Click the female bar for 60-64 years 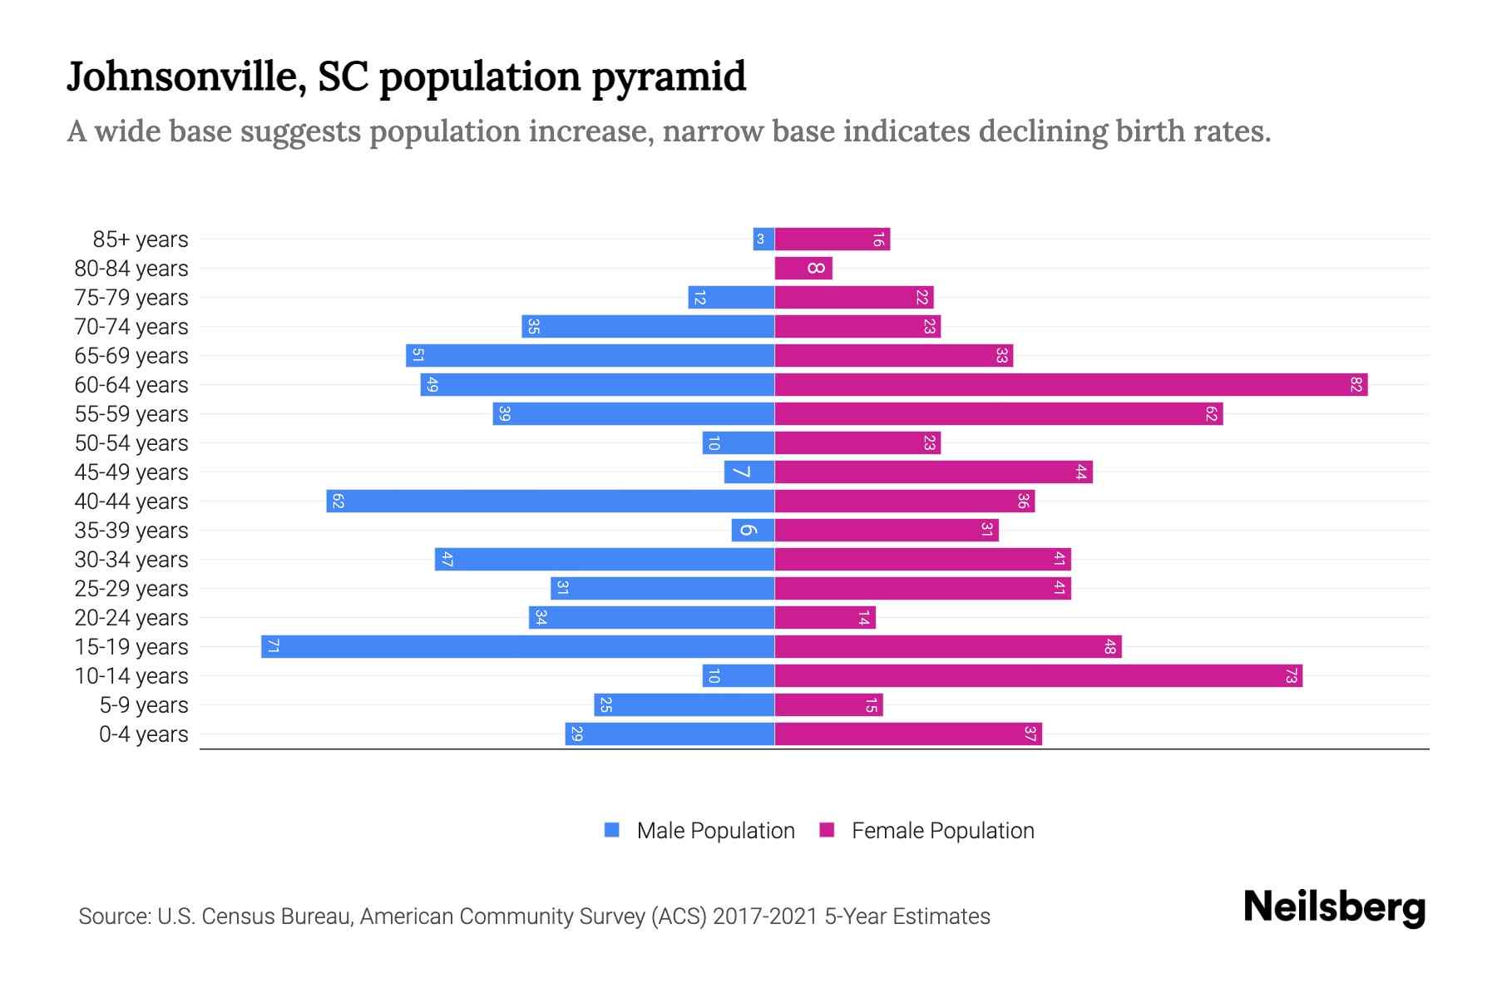pyautogui.click(x=1070, y=385)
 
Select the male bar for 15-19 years pyautogui.click(x=517, y=647)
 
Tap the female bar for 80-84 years pyautogui.click(x=803, y=269)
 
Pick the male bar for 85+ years pyautogui.click(x=763, y=240)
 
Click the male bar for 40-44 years pyautogui.click(x=550, y=501)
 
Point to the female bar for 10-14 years pyautogui.click(x=1038, y=676)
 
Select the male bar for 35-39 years pyautogui.click(x=753, y=531)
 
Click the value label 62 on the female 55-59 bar pyautogui.click(x=1211, y=414)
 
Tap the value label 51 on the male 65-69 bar pyautogui.click(x=418, y=356)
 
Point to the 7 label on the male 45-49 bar pyautogui.click(x=741, y=472)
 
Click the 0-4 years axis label pyautogui.click(x=143, y=734)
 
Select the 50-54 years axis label pyautogui.click(x=131, y=443)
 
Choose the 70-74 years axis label pyautogui.click(x=131, y=327)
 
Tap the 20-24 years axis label pyautogui.click(x=131, y=618)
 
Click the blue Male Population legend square pyautogui.click(x=612, y=830)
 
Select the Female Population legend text pyautogui.click(x=942, y=831)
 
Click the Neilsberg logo pyautogui.click(x=1334, y=907)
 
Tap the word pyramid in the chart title pyautogui.click(x=669, y=77)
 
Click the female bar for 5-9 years pyautogui.click(x=828, y=705)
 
